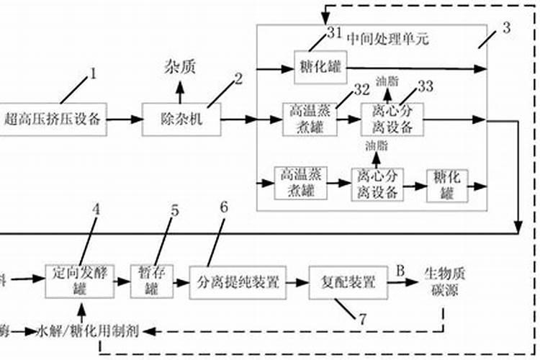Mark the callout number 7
(363, 318)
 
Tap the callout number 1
(91, 73)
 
